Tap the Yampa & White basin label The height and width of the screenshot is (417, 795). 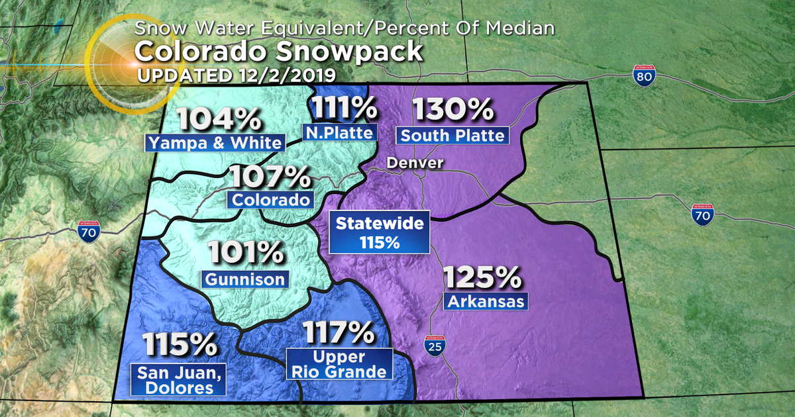(x=214, y=142)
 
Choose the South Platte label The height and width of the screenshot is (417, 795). (x=453, y=136)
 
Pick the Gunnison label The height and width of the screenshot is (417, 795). (x=245, y=279)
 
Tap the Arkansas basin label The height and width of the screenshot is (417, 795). (x=486, y=302)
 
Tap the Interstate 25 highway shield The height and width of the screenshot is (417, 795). (x=434, y=346)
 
